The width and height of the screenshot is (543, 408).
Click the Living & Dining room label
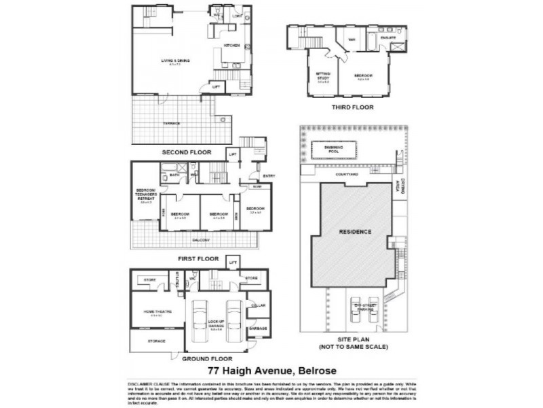(175, 61)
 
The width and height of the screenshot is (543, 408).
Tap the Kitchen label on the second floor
(232, 46)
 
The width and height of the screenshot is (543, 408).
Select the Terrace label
(171, 123)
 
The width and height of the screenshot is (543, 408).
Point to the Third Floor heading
(352, 107)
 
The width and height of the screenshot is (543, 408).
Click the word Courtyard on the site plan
(347, 175)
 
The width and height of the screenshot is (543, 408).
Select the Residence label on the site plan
(355, 232)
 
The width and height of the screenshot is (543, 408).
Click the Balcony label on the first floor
(201, 240)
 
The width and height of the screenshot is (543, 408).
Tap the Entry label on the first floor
(269, 176)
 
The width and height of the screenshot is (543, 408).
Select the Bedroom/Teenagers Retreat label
(146, 194)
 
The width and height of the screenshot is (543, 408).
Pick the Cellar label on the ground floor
(259, 305)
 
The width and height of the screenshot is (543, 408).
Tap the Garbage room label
(258, 328)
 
